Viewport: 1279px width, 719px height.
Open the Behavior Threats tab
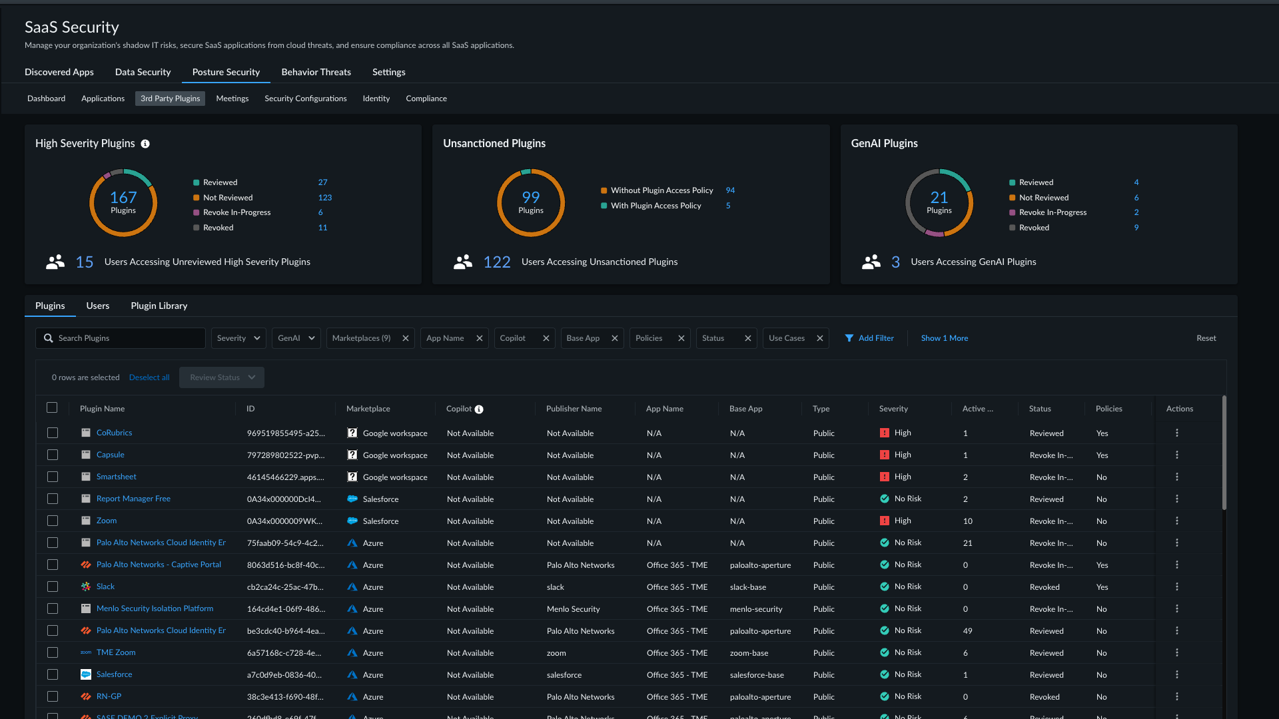pyautogui.click(x=316, y=72)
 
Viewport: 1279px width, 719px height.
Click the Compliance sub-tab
pyautogui.click(x=426, y=99)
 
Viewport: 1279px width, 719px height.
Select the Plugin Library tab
pyautogui.click(x=159, y=306)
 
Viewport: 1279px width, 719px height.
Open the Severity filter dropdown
pyautogui.click(x=238, y=338)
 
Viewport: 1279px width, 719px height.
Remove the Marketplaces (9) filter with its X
pyautogui.click(x=405, y=338)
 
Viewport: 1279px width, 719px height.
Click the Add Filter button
pyautogui.click(x=869, y=338)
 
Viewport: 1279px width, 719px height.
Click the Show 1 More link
pyautogui.click(x=945, y=338)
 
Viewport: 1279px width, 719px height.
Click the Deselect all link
pyautogui.click(x=149, y=377)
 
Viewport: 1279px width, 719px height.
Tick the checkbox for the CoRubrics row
pyautogui.click(x=53, y=433)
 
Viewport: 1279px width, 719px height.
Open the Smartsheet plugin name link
pyautogui.click(x=117, y=477)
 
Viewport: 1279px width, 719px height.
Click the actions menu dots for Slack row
pyautogui.click(x=1177, y=587)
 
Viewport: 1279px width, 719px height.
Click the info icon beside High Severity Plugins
pyautogui.click(x=145, y=144)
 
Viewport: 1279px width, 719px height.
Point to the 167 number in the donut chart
pyautogui.click(x=123, y=198)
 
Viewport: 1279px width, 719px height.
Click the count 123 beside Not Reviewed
pyautogui.click(x=325, y=198)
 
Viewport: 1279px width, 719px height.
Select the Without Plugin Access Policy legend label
pyautogui.click(x=662, y=190)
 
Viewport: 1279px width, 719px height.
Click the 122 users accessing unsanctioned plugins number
pyautogui.click(x=497, y=262)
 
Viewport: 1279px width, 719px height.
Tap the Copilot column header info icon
pyautogui.click(x=479, y=409)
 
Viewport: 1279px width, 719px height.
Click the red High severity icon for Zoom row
pyautogui.click(x=885, y=521)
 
